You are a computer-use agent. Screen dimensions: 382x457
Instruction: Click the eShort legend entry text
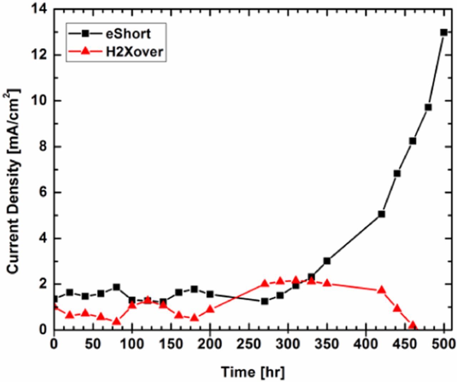click(x=128, y=34)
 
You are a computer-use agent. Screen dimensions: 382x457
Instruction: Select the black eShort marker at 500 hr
click(x=444, y=32)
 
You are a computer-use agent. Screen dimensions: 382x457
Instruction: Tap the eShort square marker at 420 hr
click(x=381, y=214)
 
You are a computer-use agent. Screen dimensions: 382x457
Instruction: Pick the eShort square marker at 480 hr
click(x=428, y=107)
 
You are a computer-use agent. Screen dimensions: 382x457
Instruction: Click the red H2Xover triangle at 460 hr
click(x=413, y=325)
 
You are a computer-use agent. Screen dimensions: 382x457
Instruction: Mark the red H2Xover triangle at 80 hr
click(x=116, y=321)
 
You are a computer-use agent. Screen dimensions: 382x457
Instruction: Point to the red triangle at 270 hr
click(x=265, y=283)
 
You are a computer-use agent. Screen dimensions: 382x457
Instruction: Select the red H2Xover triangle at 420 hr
click(x=381, y=290)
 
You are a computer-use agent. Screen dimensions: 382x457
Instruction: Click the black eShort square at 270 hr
click(x=265, y=301)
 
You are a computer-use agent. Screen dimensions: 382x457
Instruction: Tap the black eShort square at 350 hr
click(x=327, y=261)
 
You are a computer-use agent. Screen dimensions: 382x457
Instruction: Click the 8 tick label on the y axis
click(x=44, y=147)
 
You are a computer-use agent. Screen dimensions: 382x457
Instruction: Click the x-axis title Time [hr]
click(x=253, y=372)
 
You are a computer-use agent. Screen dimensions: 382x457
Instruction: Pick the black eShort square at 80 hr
click(x=116, y=287)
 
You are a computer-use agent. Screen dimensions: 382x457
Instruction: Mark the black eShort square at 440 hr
click(x=397, y=174)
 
